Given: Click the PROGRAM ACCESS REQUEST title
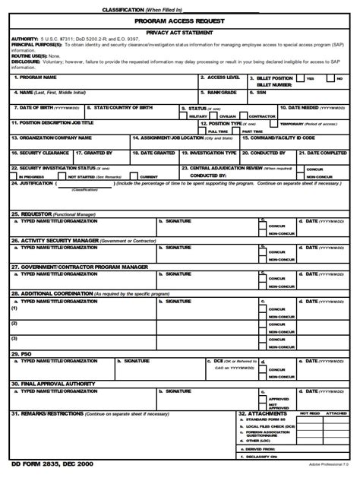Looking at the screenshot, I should [179, 21].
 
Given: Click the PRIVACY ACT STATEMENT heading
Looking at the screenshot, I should [179, 33].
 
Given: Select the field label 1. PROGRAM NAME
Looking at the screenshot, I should [36, 78].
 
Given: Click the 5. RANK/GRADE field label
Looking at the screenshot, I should [223, 92].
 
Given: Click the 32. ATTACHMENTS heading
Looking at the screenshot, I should [262, 413].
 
